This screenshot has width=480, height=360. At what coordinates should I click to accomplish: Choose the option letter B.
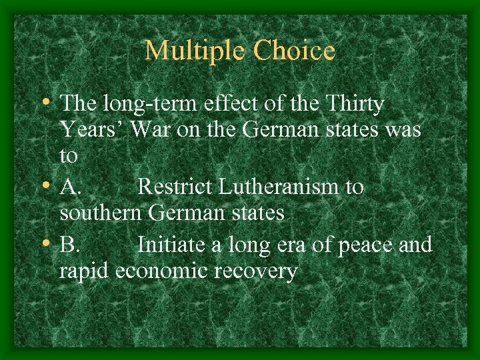click(70, 245)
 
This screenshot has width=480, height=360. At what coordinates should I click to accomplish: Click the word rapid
click(85, 272)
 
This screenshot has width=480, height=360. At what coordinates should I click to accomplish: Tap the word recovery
click(260, 272)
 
